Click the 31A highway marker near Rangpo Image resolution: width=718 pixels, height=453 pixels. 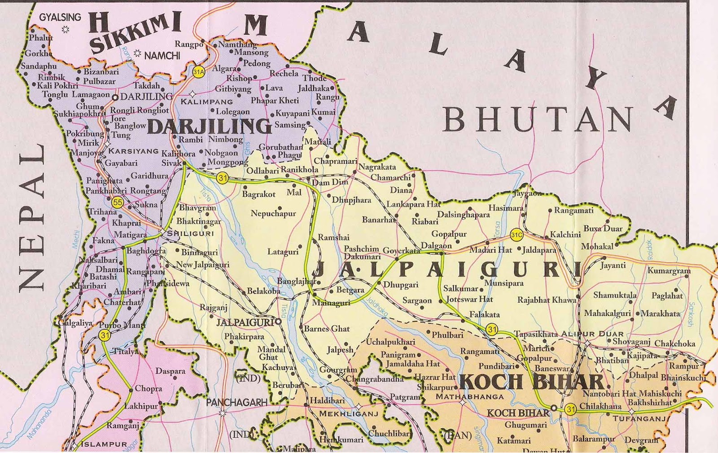coord(198,71)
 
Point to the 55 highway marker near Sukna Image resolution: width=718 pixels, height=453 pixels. coord(118,202)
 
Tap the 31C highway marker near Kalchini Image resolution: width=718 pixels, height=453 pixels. coord(517,234)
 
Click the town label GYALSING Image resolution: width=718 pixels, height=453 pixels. coord(60,18)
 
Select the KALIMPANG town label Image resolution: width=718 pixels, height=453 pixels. coord(207,102)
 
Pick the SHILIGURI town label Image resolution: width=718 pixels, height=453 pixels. coord(190,233)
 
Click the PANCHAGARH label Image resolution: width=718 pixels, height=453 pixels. coord(236,403)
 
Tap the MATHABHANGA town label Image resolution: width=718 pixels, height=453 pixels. coord(469,396)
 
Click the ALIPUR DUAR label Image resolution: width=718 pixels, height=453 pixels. coord(592,334)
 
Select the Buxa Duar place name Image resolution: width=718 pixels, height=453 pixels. coord(603,229)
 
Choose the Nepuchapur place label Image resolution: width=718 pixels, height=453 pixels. coord(273,213)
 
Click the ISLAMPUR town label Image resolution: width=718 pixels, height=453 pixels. coord(104,444)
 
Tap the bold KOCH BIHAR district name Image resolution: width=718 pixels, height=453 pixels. coord(532,382)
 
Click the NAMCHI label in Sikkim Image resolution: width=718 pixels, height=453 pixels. coord(162,55)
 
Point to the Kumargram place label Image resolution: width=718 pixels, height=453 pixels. coord(669,271)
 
